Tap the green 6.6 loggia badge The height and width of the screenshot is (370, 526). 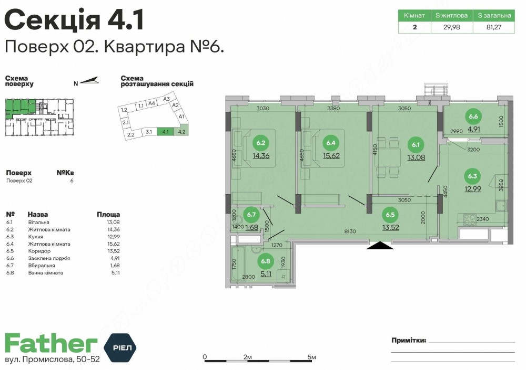coord(473,117)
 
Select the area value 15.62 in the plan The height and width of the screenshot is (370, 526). coord(331,155)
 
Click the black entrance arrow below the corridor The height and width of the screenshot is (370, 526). coord(381,245)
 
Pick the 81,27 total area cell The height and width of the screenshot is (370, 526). coord(493,27)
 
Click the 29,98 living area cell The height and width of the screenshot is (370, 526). coord(451,27)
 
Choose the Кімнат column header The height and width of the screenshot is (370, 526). coord(414,16)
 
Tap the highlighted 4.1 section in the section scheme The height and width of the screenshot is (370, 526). coord(166,132)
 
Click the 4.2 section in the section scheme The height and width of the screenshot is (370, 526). coord(182,132)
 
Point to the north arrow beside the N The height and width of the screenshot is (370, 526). coord(89,81)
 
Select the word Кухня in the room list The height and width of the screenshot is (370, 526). coord(36,237)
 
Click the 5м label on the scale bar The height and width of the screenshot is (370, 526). coord(311,357)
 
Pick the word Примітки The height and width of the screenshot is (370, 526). coord(408,341)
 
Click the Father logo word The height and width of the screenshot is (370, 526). coord(51,344)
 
